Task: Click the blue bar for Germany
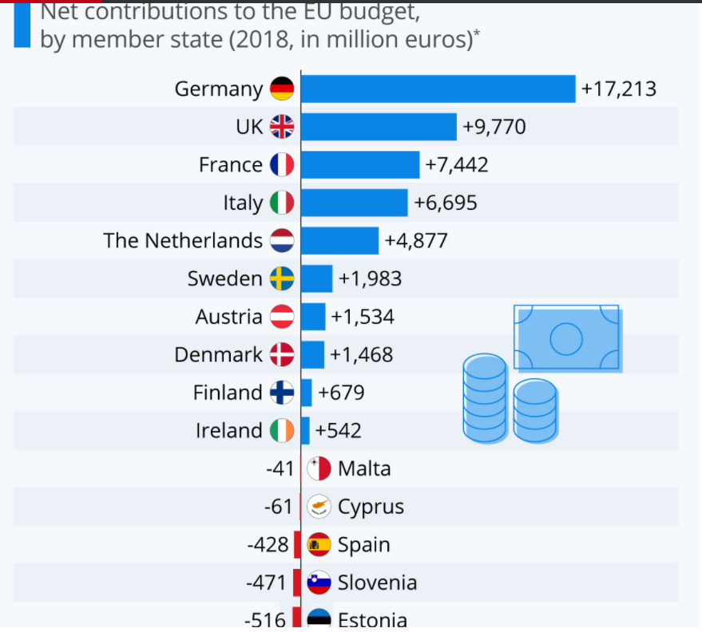click(x=438, y=89)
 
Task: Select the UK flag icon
click(x=282, y=126)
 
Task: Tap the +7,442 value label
click(x=456, y=164)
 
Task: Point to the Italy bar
click(x=354, y=203)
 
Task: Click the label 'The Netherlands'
click(x=183, y=240)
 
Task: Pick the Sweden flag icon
click(x=282, y=278)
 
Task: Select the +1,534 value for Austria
click(x=363, y=317)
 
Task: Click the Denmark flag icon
click(x=282, y=354)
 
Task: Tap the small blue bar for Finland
click(x=307, y=393)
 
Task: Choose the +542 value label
click(x=339, y=431)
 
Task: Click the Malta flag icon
click(x=319, y=468)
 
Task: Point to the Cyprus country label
click(x=371, y=507)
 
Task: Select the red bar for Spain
click(x=297, y=545)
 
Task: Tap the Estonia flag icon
click(x=319, y=619)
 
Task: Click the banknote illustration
click(x=567, y=337)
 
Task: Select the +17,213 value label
click(x=619, y=89)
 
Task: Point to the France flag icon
click(x=282, y=164)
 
